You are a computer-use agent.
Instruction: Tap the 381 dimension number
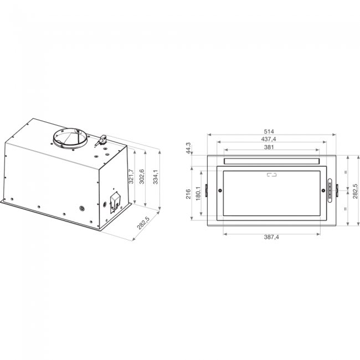point(272,147)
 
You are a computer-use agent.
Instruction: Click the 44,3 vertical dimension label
point(189,148)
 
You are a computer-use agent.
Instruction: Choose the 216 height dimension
point(189,193)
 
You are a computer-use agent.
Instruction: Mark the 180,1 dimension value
point(197,193)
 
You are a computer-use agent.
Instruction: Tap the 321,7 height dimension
point(131,176)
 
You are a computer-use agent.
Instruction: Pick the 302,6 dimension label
point(142,176)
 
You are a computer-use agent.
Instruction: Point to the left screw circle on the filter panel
point(220,191)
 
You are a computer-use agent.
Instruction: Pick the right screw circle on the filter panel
point(322,191)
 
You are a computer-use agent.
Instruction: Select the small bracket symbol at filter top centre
point(271,176)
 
